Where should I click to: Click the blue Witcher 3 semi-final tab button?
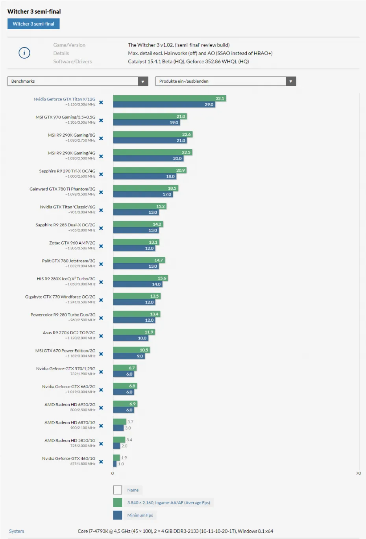(33, 24)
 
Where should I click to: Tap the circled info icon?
(24, 53)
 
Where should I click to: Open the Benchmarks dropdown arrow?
(143, 81)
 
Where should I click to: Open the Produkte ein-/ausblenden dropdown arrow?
(291, 81)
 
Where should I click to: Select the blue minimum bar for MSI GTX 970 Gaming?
(142, 122)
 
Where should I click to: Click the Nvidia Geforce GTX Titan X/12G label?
(64, 99)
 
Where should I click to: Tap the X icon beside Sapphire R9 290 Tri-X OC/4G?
(101, 174)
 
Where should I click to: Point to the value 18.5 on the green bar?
(172, 188)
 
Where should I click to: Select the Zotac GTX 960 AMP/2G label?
(72, 243)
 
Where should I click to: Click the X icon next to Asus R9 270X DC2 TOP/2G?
(101, 336)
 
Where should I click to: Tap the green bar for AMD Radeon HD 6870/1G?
(119, 422)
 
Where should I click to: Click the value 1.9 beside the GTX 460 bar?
(124, 458)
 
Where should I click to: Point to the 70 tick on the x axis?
(358, 473)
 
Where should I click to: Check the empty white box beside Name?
(118, 490)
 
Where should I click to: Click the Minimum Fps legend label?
(140, 515)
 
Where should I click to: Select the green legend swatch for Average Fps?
(118, 502)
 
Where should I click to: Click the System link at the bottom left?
(17, 531)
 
